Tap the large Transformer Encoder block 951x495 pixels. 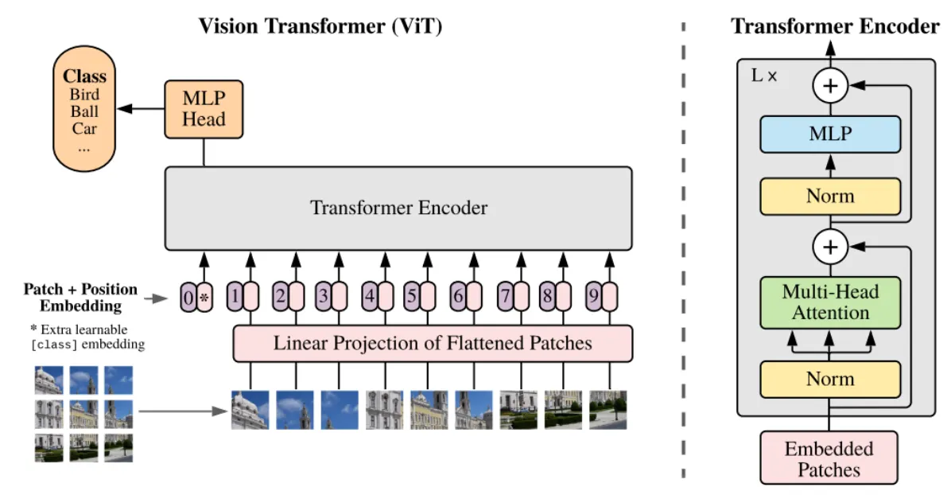tap(398, 209)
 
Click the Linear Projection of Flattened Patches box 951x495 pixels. tap(433, 344)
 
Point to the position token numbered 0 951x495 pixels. tap(188, 298)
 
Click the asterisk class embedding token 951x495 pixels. tap(204, 298)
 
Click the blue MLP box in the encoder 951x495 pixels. tap(830, 134)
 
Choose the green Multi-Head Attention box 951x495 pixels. tap(830, 302)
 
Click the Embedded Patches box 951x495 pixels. tap(829, 458)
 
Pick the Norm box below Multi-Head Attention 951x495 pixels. tap(830, 379)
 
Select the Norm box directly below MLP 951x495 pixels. tap(830, 197)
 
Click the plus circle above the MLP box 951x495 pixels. tap(830, 86)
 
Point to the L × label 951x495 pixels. tap(763, 77)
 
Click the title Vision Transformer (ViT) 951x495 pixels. tap(320, 26)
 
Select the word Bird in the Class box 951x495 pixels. tap(84, 95)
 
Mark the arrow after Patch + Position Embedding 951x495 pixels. tap(158, 299)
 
